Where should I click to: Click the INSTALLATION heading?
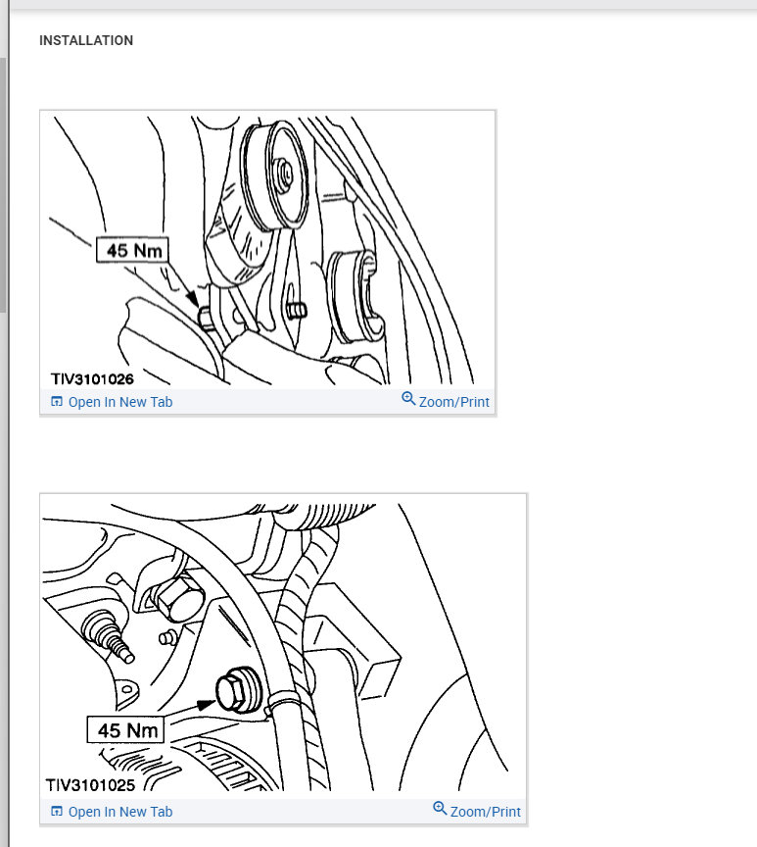pos(86,41)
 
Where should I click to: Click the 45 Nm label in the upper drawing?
pos(133,251)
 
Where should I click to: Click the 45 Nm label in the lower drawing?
pos(126,731)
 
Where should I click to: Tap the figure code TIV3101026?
pos(92,377)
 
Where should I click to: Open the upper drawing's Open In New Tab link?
pos(119,402)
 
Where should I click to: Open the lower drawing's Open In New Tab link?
pos(119,812)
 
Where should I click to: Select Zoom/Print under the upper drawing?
pos(453,402)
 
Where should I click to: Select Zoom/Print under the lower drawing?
pos(485,812)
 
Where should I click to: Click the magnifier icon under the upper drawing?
pos(409,400)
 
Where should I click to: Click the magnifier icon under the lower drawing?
pos(441,810)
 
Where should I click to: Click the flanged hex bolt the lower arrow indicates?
pos(239,692)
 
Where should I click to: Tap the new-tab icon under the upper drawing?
pos(56,402)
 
